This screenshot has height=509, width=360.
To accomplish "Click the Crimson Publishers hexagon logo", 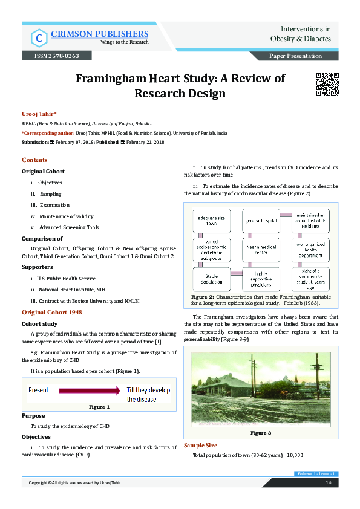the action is point(39,37).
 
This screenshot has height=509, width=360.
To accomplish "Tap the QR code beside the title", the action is point(328,85).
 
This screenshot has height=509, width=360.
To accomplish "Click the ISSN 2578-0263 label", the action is point(52,56).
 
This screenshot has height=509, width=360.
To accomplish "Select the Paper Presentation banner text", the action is point(296,56).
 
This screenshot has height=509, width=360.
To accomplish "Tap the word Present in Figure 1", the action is point(39,391).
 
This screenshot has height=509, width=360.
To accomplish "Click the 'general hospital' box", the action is point(261,221).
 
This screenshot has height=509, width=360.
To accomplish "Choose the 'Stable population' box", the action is point(209,279).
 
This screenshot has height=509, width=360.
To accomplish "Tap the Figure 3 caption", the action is point(261,433).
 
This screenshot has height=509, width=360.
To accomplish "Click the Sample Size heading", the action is point(200,446).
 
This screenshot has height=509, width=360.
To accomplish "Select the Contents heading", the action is point(34,160).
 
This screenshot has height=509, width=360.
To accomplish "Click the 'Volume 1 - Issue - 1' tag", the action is point(316,473).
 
